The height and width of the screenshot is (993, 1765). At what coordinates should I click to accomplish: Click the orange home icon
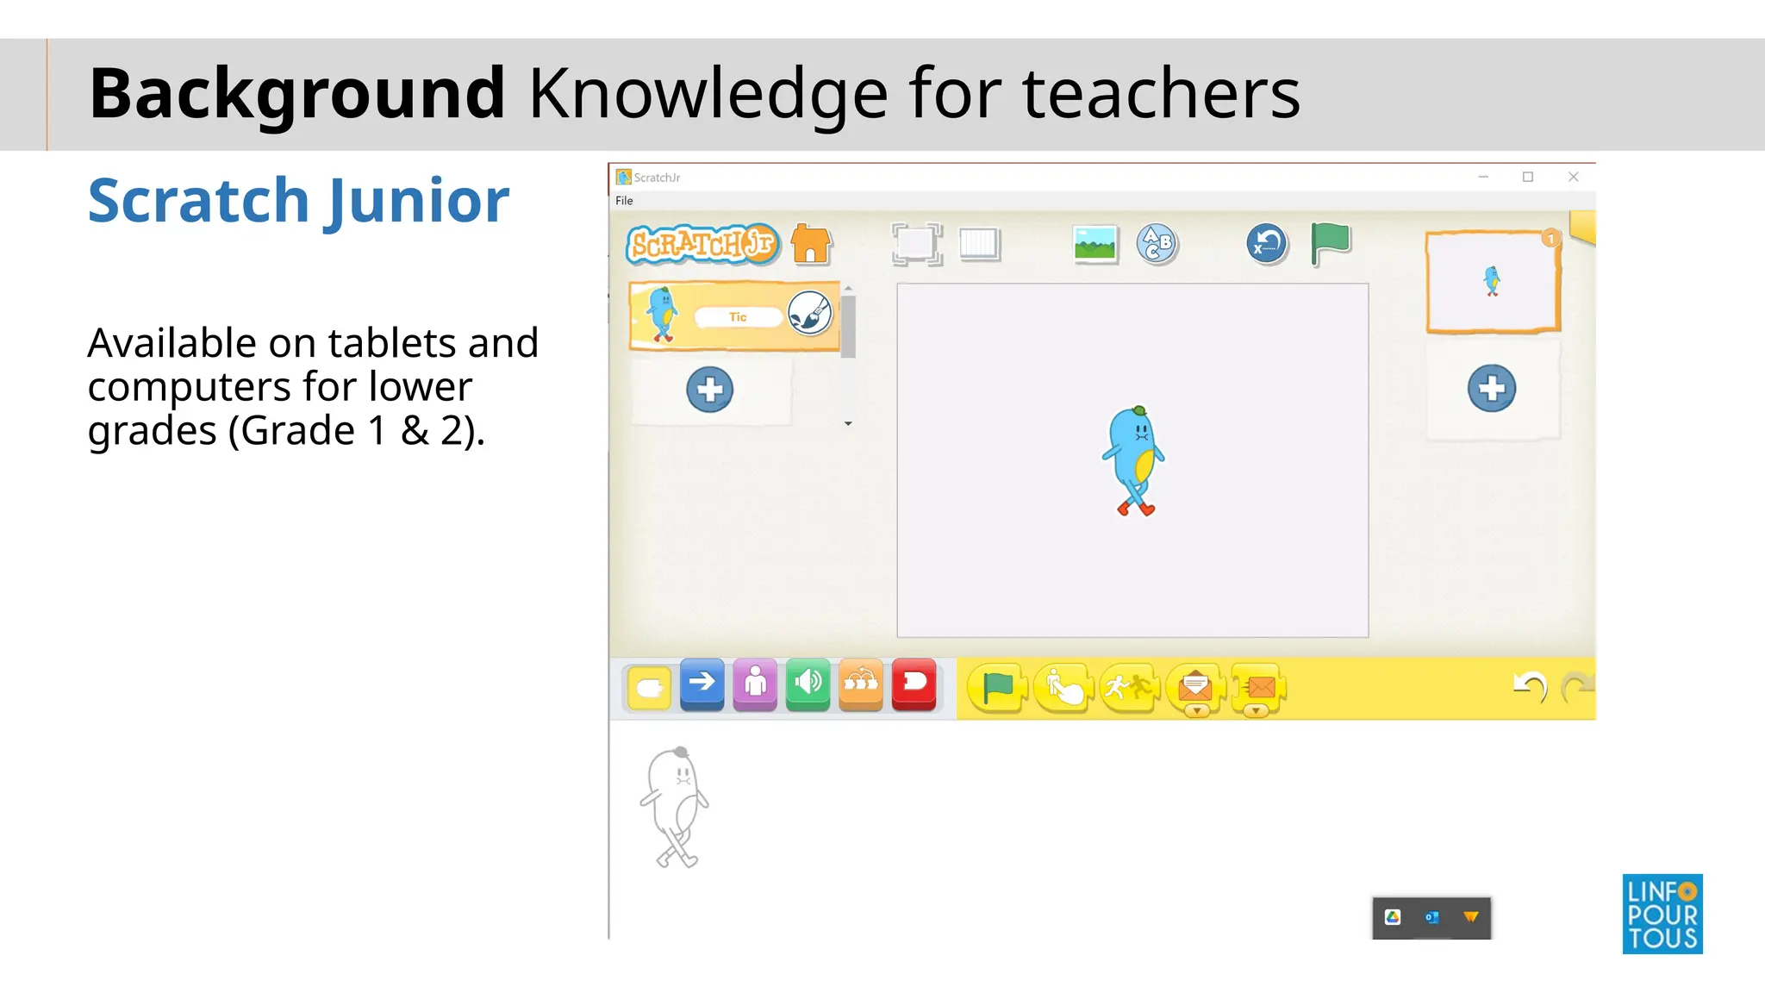pyautogui.click(x=811, y=244)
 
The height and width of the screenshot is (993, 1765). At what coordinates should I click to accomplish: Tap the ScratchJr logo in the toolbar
pyautogui.click(x=702, y=244)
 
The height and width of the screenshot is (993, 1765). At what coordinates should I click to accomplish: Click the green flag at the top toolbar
pyautogui.click(x=1330, y=243)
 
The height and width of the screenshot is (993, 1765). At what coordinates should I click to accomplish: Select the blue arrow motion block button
pyautogui.click(x=702, y=684)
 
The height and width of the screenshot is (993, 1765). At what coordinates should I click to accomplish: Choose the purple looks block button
pyautogui.click(x=755, y=684)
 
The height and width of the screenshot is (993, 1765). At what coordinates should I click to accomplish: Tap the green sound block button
pyautogui.click(x=808, y=684)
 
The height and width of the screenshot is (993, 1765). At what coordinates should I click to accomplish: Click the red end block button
pyautogui.click(x=914, y=684)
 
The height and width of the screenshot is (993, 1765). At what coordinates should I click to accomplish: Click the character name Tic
pyautogui.click(x=738, y=317)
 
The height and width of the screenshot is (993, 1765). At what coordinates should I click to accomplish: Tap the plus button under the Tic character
pyautogui.click(x=710, y=390)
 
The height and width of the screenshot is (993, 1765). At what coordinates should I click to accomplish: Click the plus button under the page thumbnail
pyautogui.click(x=1492, y=389)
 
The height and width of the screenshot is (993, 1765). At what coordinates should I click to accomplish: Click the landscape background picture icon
pyautogui.click(x=1095, y=244)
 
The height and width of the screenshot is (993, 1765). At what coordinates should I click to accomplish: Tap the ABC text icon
pyautogui.click(x=1156, y=243)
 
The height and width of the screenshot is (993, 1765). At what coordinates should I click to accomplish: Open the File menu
pyautogui.click(x=624, y=201)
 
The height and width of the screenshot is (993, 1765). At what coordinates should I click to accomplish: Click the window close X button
pyautogui.click(x=1573, y=177)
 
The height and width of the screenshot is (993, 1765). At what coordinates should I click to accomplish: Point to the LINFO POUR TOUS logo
pyautogui.click(x=1662, y=914)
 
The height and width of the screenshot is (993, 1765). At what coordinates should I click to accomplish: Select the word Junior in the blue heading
pyautogui.click(x=416, y=201)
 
